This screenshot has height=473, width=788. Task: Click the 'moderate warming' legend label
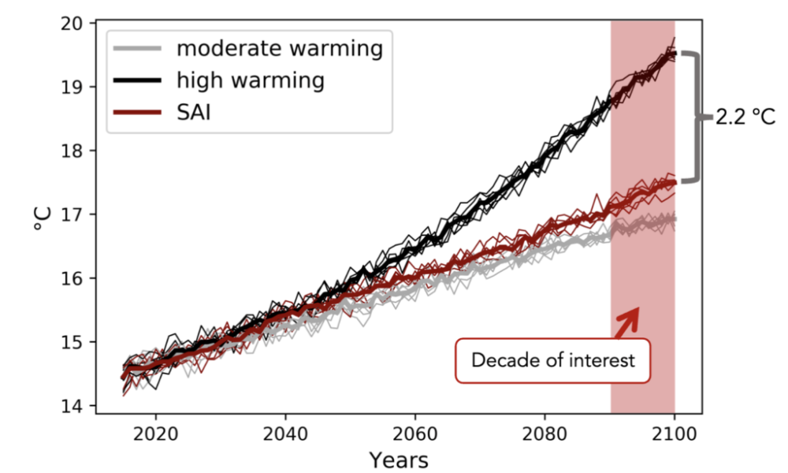coord(279,49)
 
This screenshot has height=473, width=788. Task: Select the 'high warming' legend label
coord(251,80)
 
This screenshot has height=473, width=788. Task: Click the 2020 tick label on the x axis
coord(155,433)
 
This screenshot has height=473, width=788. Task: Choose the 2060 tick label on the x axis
coord(415,433)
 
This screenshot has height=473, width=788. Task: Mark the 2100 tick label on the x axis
coord(675,433)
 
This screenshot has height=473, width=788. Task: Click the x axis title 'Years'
coord(400,459)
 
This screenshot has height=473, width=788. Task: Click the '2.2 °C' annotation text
coord(745,118)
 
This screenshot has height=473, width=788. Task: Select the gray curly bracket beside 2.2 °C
coord(693,117)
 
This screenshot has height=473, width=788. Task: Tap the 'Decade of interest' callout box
coord(553,361)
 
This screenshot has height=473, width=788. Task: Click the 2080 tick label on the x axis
coord(545,433)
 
